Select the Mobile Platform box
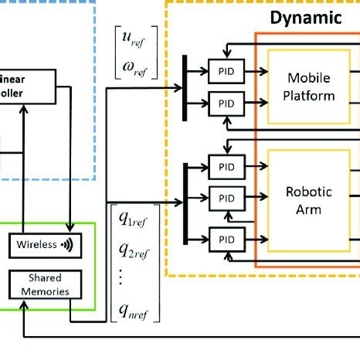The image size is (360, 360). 311,87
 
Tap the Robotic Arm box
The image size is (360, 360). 311,199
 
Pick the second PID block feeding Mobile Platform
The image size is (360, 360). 226,103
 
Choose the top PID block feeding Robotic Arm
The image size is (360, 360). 226,166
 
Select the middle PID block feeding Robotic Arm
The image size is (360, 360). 226,198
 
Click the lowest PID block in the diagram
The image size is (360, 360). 226,237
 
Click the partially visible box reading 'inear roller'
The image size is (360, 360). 28,86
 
